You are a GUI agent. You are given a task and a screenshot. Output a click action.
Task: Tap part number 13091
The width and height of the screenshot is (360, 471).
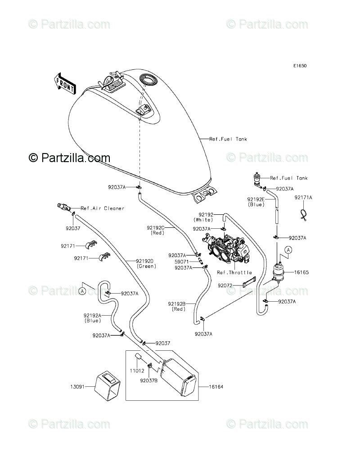coord(76,386)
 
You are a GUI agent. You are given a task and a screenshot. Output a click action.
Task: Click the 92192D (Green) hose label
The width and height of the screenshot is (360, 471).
coord(146,263)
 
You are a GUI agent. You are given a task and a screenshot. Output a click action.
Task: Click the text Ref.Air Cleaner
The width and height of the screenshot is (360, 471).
coord(102,208)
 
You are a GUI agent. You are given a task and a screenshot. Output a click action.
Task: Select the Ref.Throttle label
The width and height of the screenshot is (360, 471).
coord(234,272)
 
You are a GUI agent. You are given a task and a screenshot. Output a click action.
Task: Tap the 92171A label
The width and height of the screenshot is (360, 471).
coord(303,197)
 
